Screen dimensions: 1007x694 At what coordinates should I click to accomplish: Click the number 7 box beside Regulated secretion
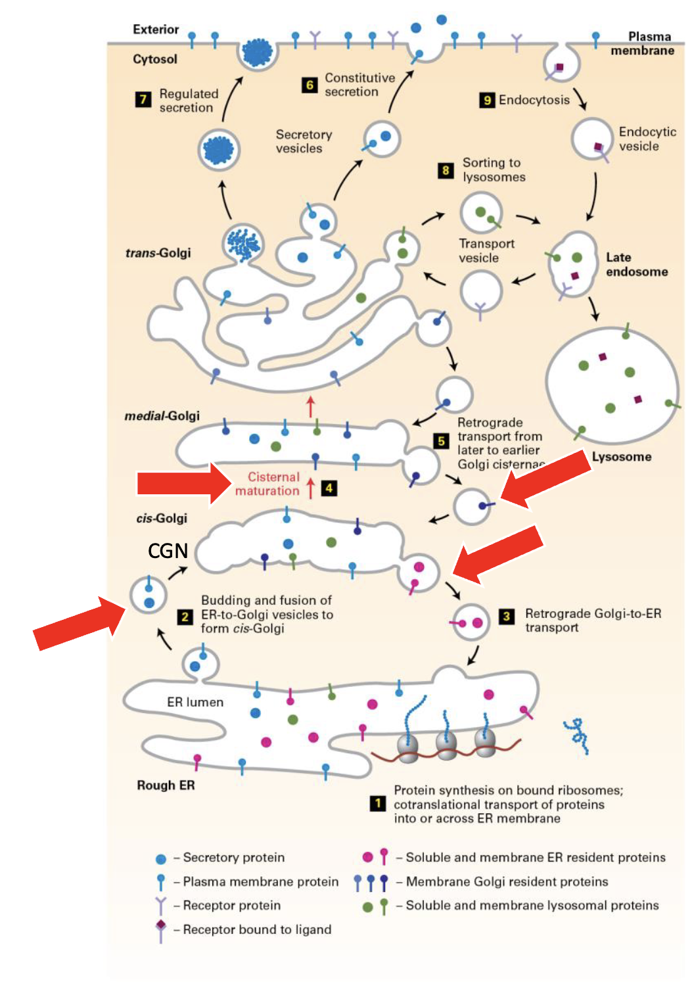coord(143,100)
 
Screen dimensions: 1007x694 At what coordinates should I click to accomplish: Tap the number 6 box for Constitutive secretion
coord(310,85)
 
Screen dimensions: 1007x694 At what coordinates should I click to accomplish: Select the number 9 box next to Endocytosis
coord(487,100)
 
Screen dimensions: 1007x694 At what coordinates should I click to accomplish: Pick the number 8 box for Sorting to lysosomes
coord(446,170)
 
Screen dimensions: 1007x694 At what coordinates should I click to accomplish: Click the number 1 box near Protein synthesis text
coord(377,804)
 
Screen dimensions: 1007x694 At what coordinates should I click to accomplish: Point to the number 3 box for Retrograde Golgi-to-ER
coord(507,616)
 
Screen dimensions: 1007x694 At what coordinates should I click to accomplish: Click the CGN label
coord(168,551)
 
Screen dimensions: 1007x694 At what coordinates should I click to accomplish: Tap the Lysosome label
coord(621,457)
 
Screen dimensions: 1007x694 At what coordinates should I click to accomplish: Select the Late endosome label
coord(636,264)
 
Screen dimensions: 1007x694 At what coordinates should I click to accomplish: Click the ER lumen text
coord(195,702)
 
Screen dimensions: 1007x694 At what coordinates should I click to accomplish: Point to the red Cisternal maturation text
coord(267,484)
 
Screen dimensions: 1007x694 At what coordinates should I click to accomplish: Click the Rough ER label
coord(166,785)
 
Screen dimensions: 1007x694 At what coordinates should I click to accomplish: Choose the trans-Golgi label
coord(158,253)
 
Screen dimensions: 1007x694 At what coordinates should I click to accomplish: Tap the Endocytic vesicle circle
coord(591,139)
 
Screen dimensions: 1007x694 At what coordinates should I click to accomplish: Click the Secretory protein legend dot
coord(161,858)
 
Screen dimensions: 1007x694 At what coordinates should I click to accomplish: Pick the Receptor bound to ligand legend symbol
coord(161,930)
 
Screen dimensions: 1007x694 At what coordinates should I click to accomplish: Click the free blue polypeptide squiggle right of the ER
coord(576,734)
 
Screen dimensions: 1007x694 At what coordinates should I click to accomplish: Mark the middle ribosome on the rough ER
coord(447,745)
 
